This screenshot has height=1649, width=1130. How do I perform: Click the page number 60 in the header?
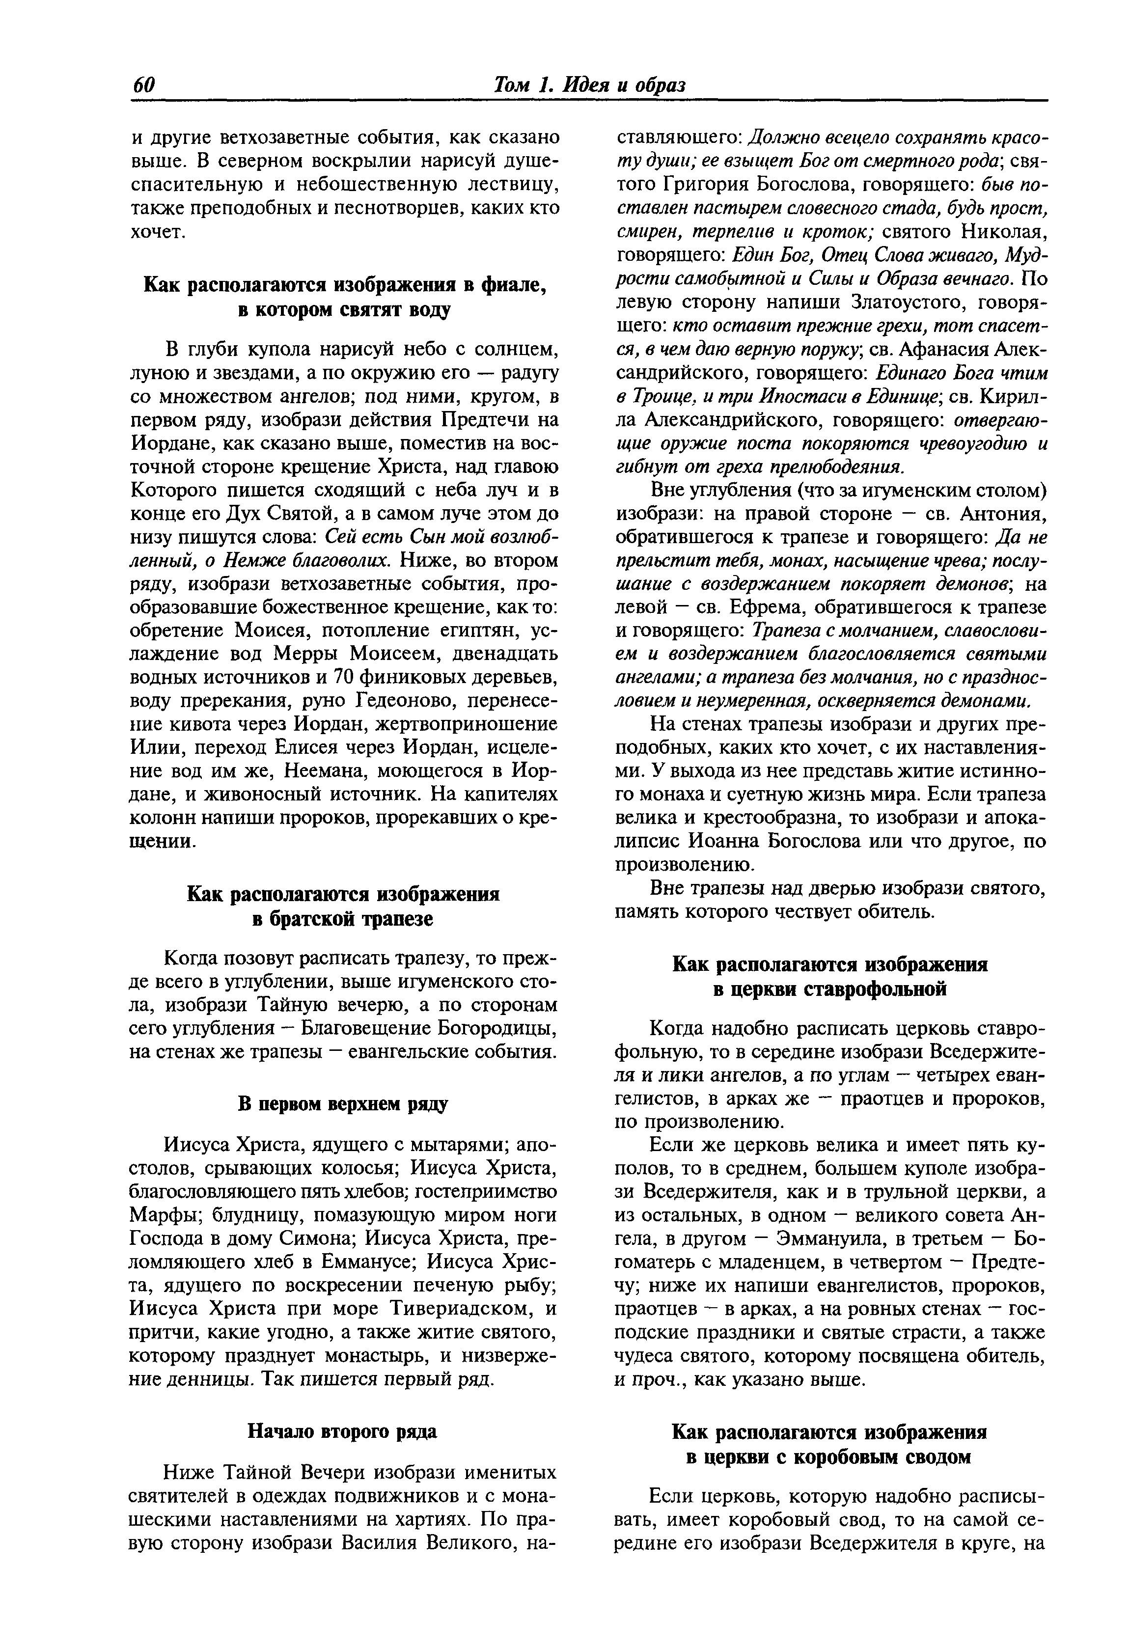click(143, 85)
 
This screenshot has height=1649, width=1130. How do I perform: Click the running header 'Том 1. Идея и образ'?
click(589, 85)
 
